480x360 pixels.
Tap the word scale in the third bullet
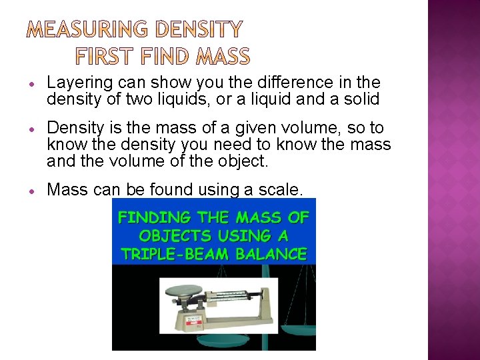click(x=281, y=190)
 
